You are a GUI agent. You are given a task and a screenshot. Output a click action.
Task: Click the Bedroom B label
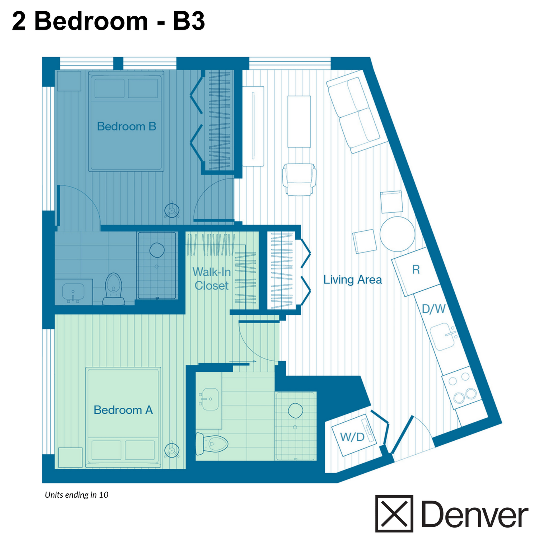[126, 127]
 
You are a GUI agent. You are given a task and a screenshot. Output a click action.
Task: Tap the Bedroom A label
[123, 410]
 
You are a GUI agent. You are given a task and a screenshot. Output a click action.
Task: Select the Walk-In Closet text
[211, 279]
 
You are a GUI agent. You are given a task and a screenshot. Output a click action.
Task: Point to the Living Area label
[353, 280]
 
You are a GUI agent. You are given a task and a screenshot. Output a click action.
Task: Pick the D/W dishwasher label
[434, 309]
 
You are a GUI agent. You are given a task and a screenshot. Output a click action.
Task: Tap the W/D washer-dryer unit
[353, 436]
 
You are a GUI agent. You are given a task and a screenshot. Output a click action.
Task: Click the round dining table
[397, 234]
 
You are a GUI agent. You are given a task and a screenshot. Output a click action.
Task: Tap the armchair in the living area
[299, 179]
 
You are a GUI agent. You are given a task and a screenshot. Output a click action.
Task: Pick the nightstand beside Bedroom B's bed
[69, 81]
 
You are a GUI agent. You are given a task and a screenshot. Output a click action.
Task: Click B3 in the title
[189, 22]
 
